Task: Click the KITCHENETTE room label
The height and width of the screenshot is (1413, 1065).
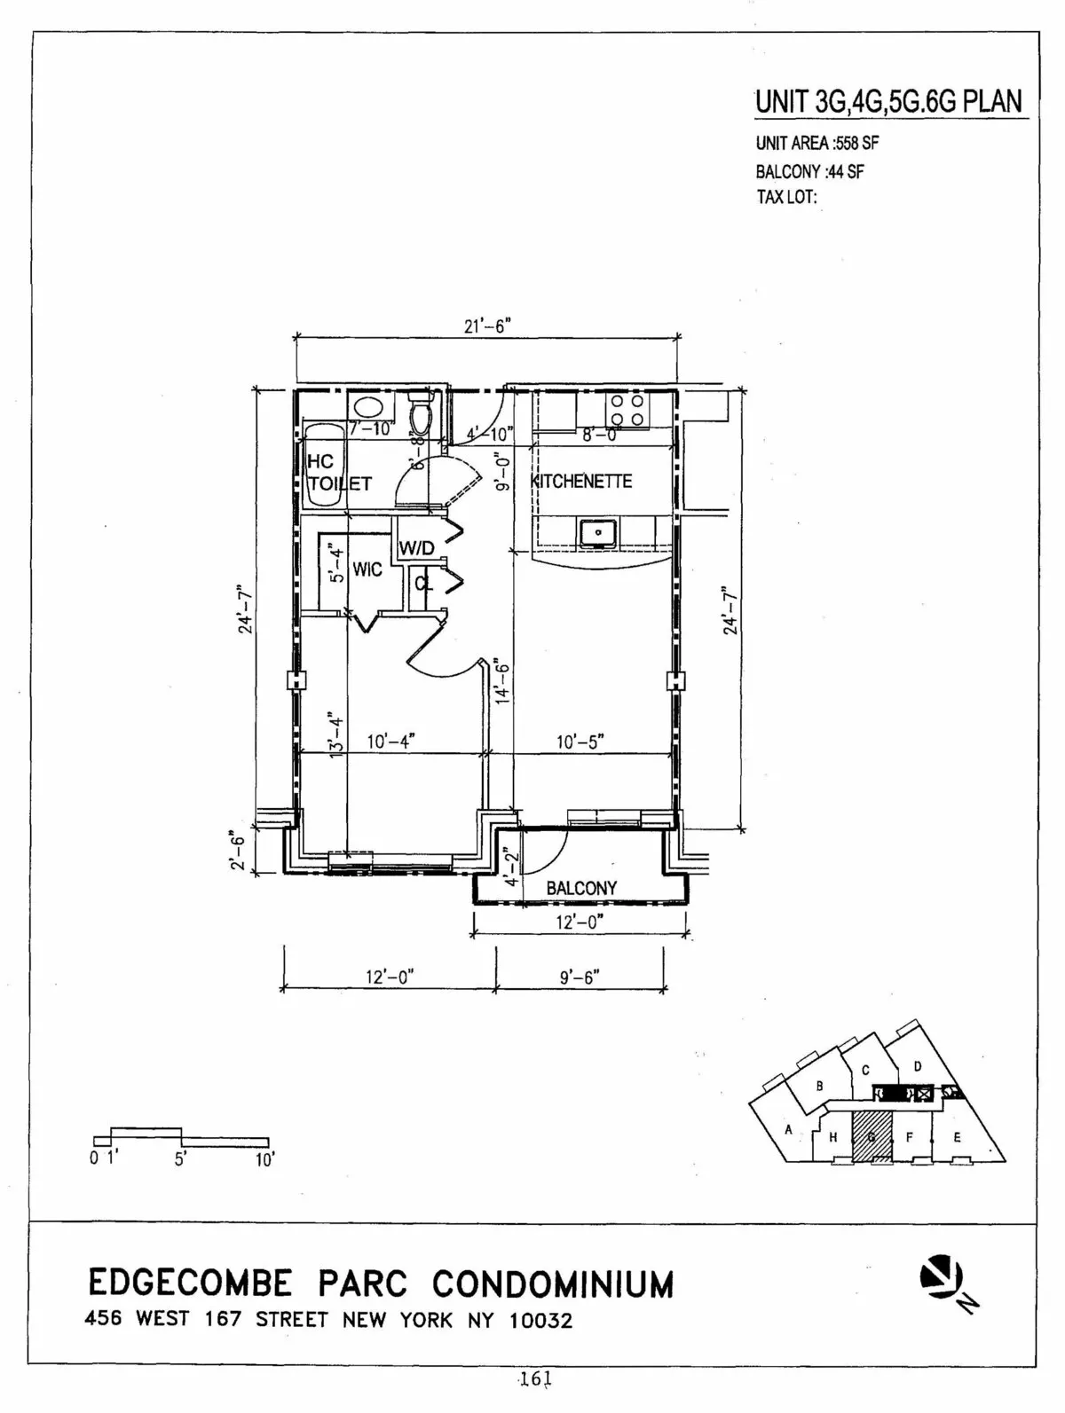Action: pos(581,482)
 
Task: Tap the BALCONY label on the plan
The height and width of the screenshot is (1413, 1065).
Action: pos(581,888)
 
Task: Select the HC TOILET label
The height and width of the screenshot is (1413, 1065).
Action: pos(337,473)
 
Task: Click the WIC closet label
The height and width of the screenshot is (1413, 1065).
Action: pos(367,569)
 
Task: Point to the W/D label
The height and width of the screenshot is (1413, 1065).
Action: pos(416,548)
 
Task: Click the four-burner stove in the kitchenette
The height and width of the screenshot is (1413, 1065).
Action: pos(625,411)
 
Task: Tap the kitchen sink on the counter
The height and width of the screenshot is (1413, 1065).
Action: pos(600,532)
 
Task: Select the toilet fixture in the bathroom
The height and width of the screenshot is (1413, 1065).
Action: pos(420,412)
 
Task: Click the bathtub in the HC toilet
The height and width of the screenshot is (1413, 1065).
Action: pos(321,466)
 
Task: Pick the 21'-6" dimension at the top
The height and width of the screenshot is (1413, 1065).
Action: pos(486,326)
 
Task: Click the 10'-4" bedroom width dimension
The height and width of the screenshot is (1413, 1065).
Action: pos(391,742)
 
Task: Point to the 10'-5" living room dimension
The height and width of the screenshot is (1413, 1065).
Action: pos(580,742)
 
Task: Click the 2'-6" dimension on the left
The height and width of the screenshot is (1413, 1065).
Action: pos(237,850)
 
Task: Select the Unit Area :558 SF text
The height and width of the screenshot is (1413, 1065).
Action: pos(817,143)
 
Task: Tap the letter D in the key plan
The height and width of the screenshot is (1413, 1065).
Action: pos(919,1065)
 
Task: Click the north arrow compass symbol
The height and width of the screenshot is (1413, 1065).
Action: pos(942,1278)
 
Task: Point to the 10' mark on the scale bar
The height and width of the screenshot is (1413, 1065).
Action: pos(264,1160)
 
